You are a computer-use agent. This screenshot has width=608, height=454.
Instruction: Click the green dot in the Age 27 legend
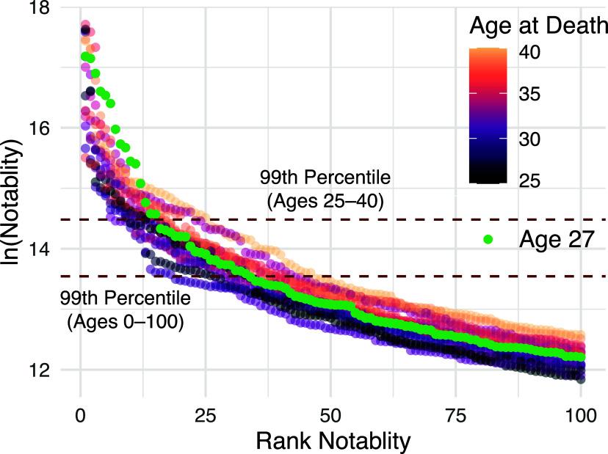point(487,238)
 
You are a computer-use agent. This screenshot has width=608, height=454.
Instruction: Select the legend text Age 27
point(554,238)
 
